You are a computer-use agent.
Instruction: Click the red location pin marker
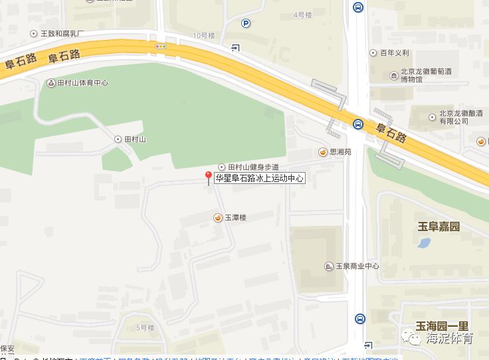pyautogui.click(x=208, y=177)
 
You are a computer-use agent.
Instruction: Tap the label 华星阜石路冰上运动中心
pyautogui.click(x=259, y=178)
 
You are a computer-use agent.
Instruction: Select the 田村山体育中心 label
pyautogui.click(x=82, y=83)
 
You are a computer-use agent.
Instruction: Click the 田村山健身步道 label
pyautogui.click(x=253, y=167)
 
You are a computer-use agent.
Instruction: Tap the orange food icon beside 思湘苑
pyautogui.click(x=323, y=151)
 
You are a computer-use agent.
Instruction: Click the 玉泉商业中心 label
pyautogui.click(x=357, y=266)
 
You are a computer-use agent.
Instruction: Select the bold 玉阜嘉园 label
pyautogui.click(x=439, y=227)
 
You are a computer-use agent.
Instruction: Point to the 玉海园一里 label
pyautogui.click(x=442, y=325)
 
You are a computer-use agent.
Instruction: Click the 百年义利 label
pyautogui.click(x=395, y=52)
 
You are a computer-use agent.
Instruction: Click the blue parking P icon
pyautogui.click(x=246, y=23)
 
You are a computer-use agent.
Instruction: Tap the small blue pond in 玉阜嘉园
pyautogui.click(x=424, y=242)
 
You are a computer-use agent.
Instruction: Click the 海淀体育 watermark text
pyautogui.click(x=450, y=339)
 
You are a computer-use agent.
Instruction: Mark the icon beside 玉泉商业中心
pyautogui.click(x=329, y=266)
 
